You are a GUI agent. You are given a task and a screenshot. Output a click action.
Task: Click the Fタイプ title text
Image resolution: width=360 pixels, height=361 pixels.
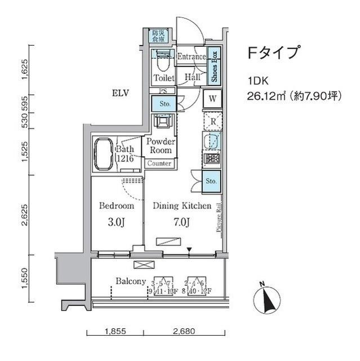tap(273, 54)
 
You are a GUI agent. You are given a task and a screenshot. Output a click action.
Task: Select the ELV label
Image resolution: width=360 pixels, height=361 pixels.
tap(121, 93)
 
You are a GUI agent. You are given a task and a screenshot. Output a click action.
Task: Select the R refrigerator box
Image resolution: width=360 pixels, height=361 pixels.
tap(213, 121)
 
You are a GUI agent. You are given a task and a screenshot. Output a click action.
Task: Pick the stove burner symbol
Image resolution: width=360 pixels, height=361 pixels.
tap(213, 159)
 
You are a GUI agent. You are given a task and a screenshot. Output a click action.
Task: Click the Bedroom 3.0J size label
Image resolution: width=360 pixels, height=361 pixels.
tap(115, 222)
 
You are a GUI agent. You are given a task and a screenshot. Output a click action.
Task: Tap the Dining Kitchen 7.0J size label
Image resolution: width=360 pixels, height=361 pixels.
tap(181, 222)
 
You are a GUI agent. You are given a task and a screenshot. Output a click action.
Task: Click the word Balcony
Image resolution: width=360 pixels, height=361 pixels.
tap(131, 281)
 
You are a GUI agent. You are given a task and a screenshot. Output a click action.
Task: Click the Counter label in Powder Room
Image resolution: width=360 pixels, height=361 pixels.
tap(159, 164)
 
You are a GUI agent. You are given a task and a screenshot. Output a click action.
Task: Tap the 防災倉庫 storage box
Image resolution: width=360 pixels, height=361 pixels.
tap(158, 36)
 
